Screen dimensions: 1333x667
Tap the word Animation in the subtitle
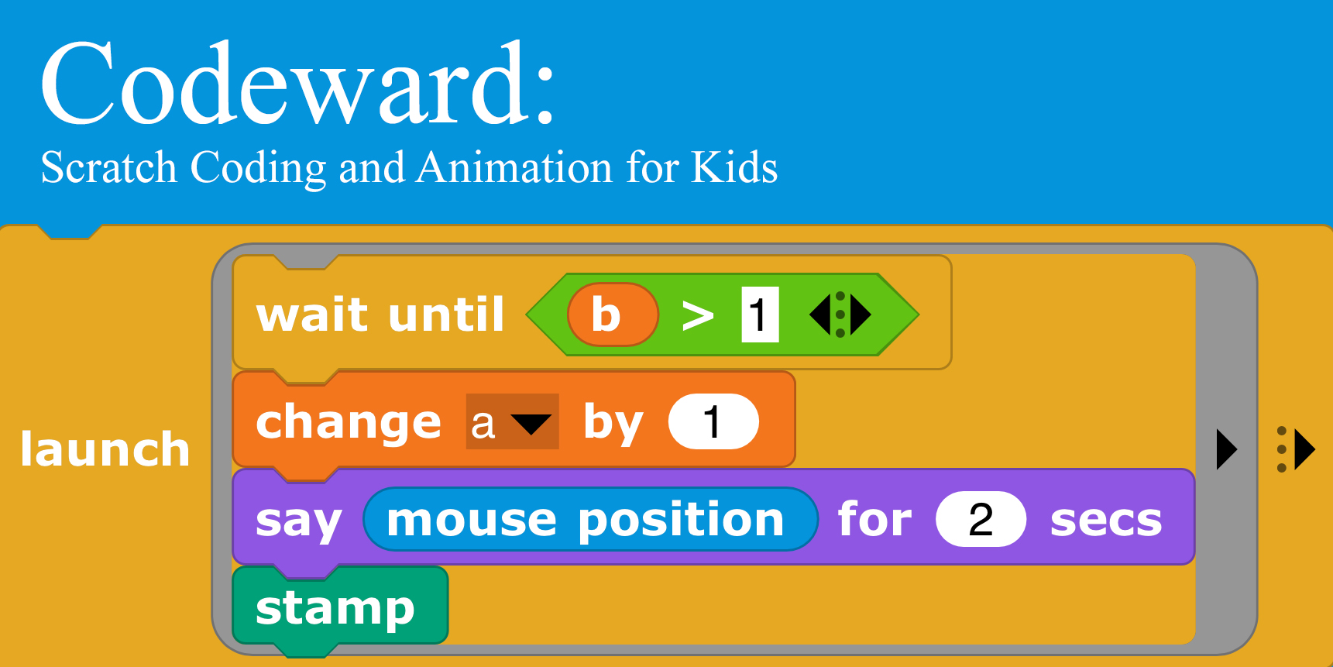pyautogui.click(x=514, y=167)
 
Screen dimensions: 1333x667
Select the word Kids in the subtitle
pyautogui.click(x=733, y=167)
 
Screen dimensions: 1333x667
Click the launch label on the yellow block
pyautogui.click(x=105, y=449)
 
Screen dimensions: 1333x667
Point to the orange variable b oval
pyautogui.click(x=613, y=315)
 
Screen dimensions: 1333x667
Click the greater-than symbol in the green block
pyautogui.click(x=698, y=315)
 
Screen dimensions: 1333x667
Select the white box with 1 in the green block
pyautogui.click(x=760, y=315)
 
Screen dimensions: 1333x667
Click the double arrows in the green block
pyautogui.click(x=840, y=315)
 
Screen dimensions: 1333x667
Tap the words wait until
pyautogui.click(x=380, y=315)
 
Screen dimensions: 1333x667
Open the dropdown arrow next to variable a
pyautogui.click(x=531, y=424)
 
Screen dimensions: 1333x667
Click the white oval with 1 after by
pyautogui.click(x=713, y=421)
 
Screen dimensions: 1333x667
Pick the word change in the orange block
pyautogui.click(x=349, y=422)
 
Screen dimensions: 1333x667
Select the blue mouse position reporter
pyautogui.click(x=590, y=519)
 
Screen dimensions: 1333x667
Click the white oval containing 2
pyautogui.click(x=981, y=519)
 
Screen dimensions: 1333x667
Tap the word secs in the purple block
pyautogui.click(x=1106, y=521)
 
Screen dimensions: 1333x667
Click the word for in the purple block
pyautogui.click(x=875, y=518)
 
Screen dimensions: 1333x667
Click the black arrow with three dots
pyautogui.click(x=1295, y=449)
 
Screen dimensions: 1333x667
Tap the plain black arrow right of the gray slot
pyautogui.click(x=1227, y=449)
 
